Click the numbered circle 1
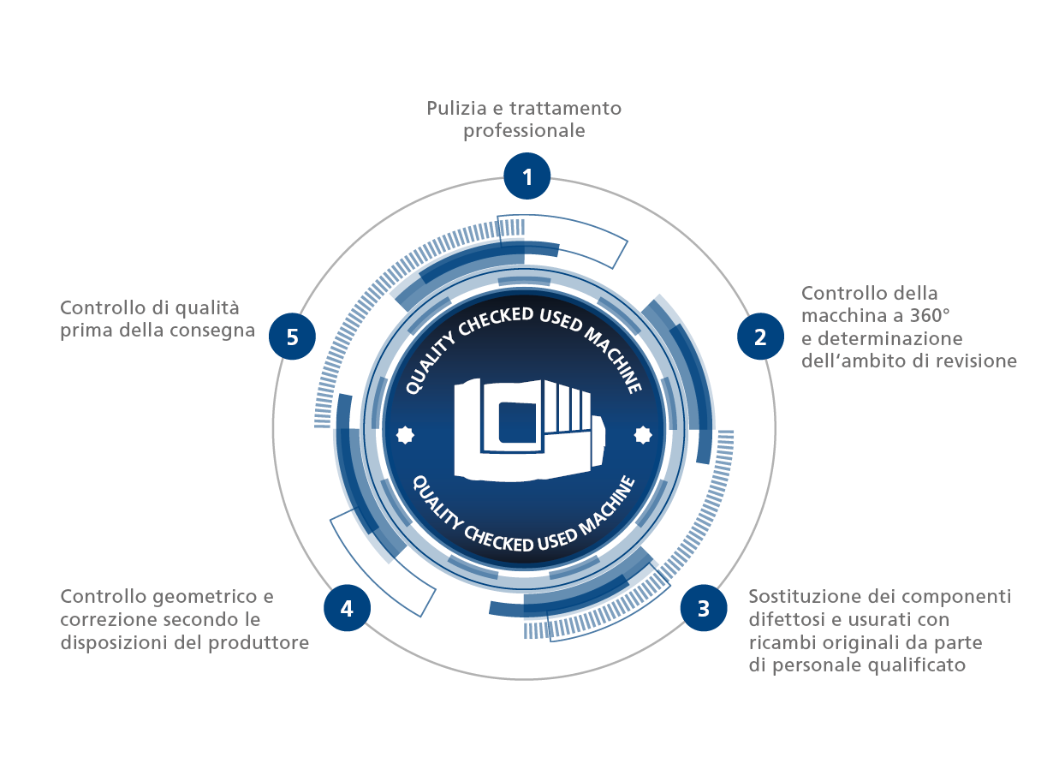[526, 176]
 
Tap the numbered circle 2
[760, 336]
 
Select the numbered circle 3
[703, 608]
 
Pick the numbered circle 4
[347, 608]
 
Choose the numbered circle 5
[292, 336]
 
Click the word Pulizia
[456, 108]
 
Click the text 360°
[929, 315]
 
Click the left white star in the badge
[405, 435]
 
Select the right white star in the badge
[643, 435]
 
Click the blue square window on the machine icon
[517, 423]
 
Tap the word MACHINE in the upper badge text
[613, 359]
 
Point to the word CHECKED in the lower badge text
[498, 540]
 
